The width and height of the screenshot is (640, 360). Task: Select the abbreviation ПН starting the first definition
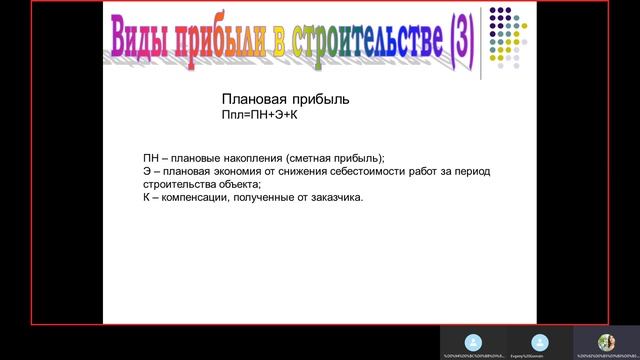click(150, 158)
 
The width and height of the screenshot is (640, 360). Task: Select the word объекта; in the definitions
click(236, 184)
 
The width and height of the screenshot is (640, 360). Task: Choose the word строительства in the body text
click(177, 184)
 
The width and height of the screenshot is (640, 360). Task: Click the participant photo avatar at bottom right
click(606, 341)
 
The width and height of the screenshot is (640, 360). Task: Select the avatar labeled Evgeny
click(540, 341)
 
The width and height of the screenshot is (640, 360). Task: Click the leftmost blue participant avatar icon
click(474, 341)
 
